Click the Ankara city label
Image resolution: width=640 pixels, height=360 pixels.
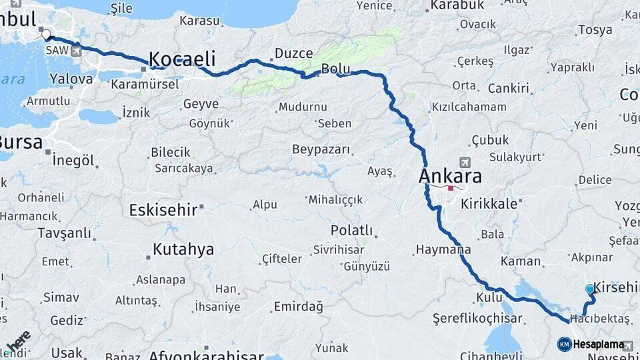pos(450,177)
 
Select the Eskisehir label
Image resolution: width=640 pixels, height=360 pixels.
pos(163,210)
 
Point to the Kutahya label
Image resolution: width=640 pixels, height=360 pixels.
pos(183,249)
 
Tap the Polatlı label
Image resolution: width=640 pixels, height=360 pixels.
pos(351,230)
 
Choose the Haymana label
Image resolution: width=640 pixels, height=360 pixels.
pos(443,250)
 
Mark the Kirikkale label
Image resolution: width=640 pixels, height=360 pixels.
pos(489,204)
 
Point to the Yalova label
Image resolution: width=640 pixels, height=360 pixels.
pos(71,79)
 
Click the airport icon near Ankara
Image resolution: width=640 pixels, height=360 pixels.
pos(465,162)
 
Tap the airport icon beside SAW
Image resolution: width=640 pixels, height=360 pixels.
pos(77,49)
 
